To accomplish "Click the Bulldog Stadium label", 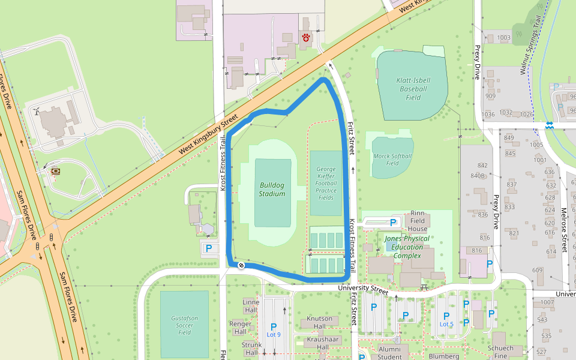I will pyautogui.click(x=272, y=189).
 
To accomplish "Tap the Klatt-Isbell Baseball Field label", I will pyautogui.click(x=413, y=89).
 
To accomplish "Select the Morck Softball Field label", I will pyautogui.click(x=392, y=159).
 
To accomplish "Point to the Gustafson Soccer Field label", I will pyautogui.click(x=184, y=325).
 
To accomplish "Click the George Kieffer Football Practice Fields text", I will pyautogui.click(x=326, y=183).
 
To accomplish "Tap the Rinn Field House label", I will pyautogui.click(x=418, y=221).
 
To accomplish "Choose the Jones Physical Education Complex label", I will pyautogui.click(x=407, y=247).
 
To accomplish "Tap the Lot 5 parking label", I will pyautogui.click(x=446, y=324).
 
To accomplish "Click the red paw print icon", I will pyautogui.click(x=307, y=38).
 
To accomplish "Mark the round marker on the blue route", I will pyautogui.click(x=241, y=265).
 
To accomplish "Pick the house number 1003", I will pyautogui.click(x=503, y=38).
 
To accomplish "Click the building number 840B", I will pyautogui.click(x=478, y=176).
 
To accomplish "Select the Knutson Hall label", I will pyautogui.click(x=319, y=319).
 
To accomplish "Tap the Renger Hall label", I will pyautogui.click(x=241, y=328).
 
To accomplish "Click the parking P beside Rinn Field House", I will pyautogui.click(x=393, y=223).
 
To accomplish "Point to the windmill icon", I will pyautogui.click(x=37, y=111).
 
